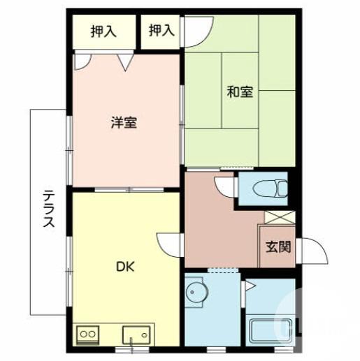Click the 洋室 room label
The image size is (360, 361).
124,123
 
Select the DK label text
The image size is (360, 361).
126,266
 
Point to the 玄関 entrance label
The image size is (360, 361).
278,246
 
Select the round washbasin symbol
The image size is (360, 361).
196,295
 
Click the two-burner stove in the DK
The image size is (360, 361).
88,334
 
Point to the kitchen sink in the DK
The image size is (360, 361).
137,334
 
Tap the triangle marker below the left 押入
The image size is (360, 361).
125,64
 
